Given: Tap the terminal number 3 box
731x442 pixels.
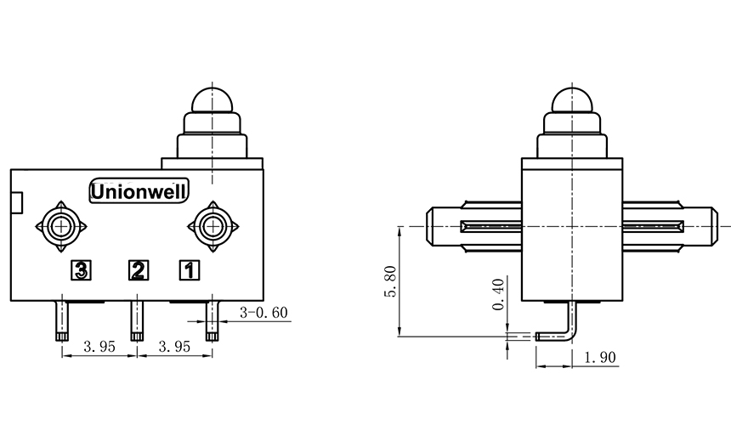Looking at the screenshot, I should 81,271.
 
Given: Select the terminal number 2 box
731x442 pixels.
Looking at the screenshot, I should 138,271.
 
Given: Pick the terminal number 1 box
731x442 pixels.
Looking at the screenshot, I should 189,271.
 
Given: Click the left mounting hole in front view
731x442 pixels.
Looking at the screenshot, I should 59,226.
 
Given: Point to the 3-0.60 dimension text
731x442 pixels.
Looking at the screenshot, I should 263,313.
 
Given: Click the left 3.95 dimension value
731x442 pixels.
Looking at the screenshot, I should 98,347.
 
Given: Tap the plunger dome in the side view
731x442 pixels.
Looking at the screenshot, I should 573,100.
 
